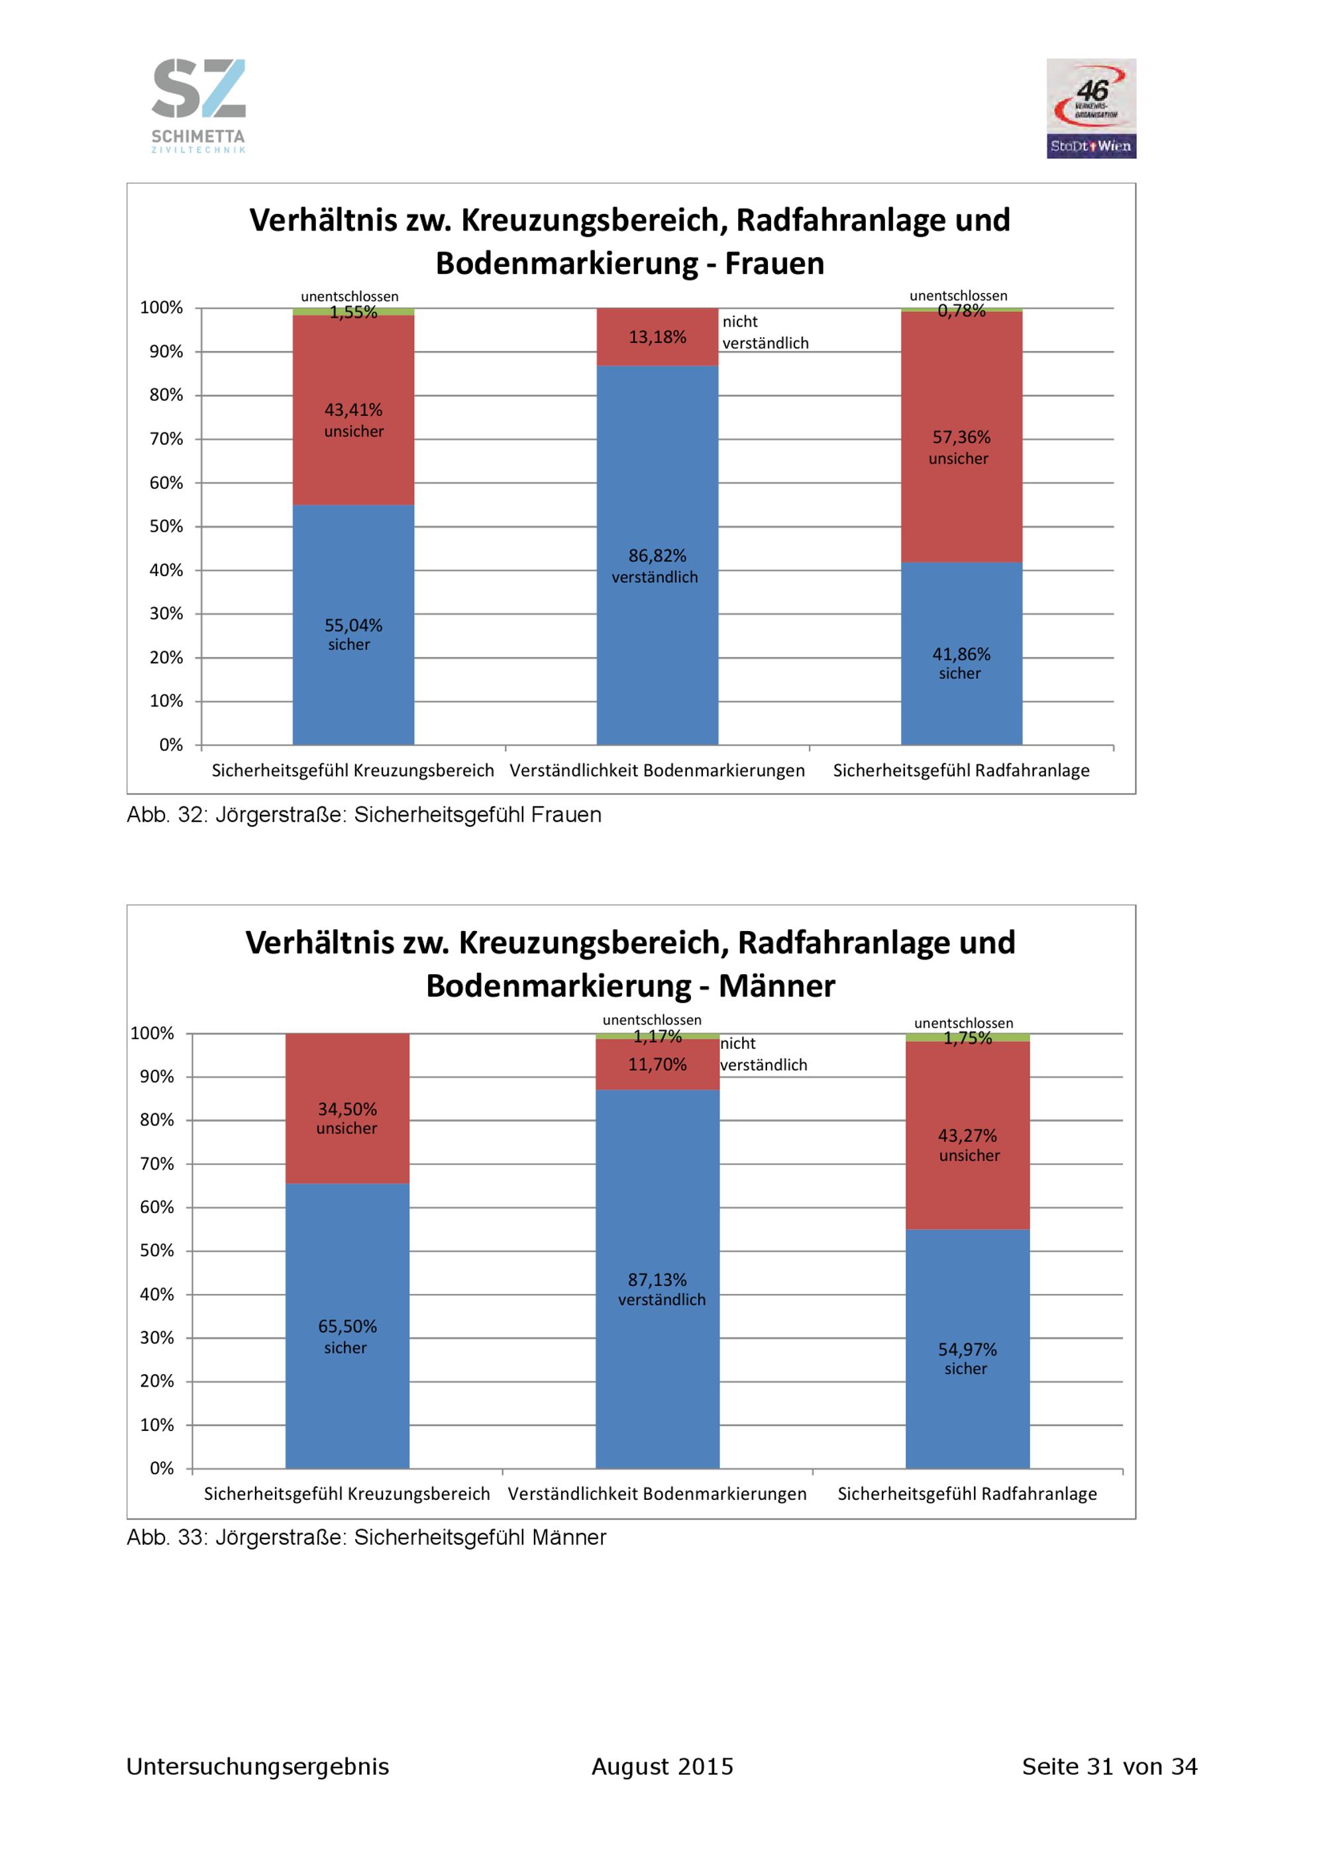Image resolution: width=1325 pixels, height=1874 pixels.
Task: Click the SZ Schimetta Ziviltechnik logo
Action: tap(198, 105)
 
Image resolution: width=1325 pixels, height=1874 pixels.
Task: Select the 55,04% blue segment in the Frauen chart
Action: tap(354, 624)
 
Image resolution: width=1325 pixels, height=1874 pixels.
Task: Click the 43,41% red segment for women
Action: tap(354, 410)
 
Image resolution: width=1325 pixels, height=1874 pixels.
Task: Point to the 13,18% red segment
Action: tap(657, 337)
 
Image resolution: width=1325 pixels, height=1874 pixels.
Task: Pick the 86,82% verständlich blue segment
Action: tap(657, 555)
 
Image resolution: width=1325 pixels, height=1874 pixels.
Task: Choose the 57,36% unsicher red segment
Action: tap(962, 436)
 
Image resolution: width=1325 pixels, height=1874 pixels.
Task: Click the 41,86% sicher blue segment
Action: tap(962, 653)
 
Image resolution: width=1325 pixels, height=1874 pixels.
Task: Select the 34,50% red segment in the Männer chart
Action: tap(347, 1109)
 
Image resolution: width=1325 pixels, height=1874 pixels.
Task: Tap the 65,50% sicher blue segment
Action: tap(347, 1326)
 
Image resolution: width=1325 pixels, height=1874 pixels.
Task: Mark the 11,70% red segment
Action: tap(657, 1064)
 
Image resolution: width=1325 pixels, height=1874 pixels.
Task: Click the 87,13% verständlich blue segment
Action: tap(657, 1279)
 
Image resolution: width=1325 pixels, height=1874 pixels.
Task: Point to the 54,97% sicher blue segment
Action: tap(967, 1349)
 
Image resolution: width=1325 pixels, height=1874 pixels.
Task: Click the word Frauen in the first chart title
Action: tap(774, 264)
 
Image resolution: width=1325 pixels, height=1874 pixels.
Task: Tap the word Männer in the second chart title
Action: tap(776, 986)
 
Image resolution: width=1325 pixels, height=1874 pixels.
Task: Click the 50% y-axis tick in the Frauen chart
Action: tap(166, 526)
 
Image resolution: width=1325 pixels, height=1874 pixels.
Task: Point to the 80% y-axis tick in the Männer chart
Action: tap(157, 1120)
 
